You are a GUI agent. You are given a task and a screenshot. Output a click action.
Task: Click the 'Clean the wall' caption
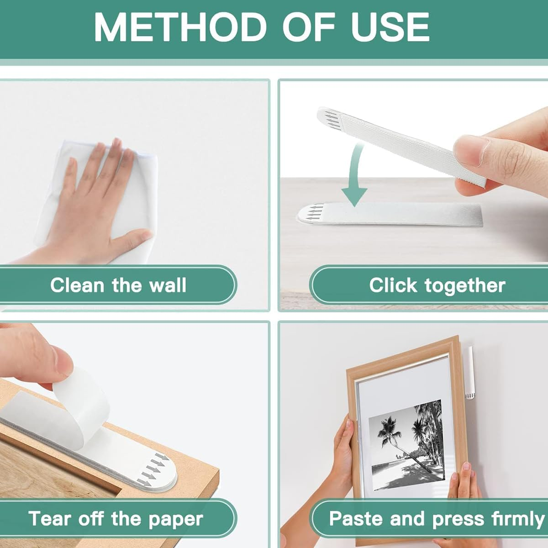click(118, 285)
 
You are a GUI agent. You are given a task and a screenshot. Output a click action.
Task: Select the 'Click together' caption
click(437, 285)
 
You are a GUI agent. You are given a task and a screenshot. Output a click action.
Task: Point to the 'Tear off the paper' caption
click(116, 519)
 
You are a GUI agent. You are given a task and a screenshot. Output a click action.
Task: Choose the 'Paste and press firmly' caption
click(436, 519)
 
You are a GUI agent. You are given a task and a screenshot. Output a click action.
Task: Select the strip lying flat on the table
click(393, 214)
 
